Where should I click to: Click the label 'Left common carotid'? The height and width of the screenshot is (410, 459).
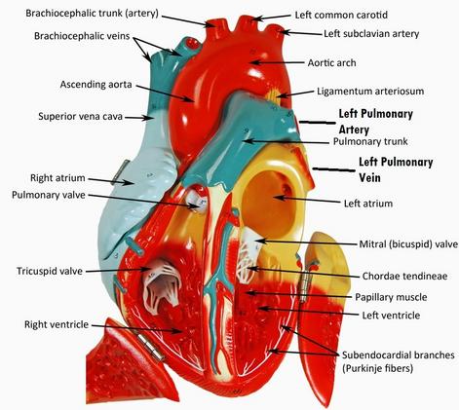(x=341, y=15)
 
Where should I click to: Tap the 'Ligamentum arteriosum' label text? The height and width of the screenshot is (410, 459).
(x=370, y=91)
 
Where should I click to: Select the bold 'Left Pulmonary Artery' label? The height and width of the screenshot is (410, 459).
(x=376, y=122)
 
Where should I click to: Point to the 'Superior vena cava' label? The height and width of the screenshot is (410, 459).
(x=80, y=116)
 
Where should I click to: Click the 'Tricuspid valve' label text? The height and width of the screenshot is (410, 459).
(x=50, y=271)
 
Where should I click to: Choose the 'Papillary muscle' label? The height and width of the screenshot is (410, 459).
(x=391, y=297)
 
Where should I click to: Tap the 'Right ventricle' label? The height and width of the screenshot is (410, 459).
(x=57, y=324)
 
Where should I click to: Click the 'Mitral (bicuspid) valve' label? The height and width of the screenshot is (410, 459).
(x=408, y=244)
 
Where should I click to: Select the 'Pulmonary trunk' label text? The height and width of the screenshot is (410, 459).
(x=370, y=141)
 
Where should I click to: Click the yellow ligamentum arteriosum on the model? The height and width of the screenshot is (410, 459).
(x=275, y=94)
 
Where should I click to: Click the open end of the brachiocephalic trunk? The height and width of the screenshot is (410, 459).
(x=214, y=23)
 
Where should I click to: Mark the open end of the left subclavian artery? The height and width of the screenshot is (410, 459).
(x=276, y=28)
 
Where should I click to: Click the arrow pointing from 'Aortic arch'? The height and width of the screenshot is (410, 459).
(x=278, y=62)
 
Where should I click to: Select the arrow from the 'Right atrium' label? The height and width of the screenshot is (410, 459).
(x=110, y=181)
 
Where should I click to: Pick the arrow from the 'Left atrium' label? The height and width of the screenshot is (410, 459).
(x=307, y=200)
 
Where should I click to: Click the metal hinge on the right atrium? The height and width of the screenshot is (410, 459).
(x=119, y=172)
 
